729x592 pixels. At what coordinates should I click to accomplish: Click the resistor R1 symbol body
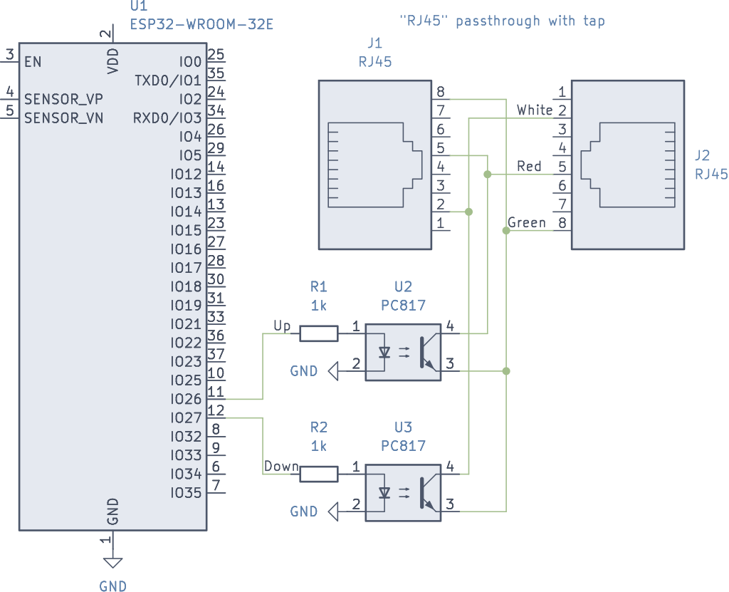[318, 333]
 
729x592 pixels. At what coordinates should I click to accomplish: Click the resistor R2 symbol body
[318, 474]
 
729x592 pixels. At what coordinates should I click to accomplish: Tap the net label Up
[282, 326]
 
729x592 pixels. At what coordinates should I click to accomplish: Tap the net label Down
[281, 467]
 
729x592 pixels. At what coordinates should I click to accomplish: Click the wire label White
[535, 110]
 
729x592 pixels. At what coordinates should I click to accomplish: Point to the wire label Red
[529, 166]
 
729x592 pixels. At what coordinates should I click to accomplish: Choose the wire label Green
[527, 223]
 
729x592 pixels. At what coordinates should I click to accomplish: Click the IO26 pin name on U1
[186, 399]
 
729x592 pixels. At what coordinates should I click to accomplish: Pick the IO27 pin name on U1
[186, 417]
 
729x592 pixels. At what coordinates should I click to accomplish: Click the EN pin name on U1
[33, 62]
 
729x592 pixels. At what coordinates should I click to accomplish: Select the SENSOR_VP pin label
[63, 98]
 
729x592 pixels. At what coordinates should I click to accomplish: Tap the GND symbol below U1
[112, 563]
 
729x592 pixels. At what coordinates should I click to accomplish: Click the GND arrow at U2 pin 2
[332, 370]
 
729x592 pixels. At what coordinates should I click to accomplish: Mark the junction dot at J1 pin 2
[468, 212]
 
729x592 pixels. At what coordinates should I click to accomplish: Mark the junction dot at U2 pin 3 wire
[506, 371]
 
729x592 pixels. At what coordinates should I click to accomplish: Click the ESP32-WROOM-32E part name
[201, 25]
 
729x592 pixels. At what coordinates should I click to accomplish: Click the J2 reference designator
[702, 155]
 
